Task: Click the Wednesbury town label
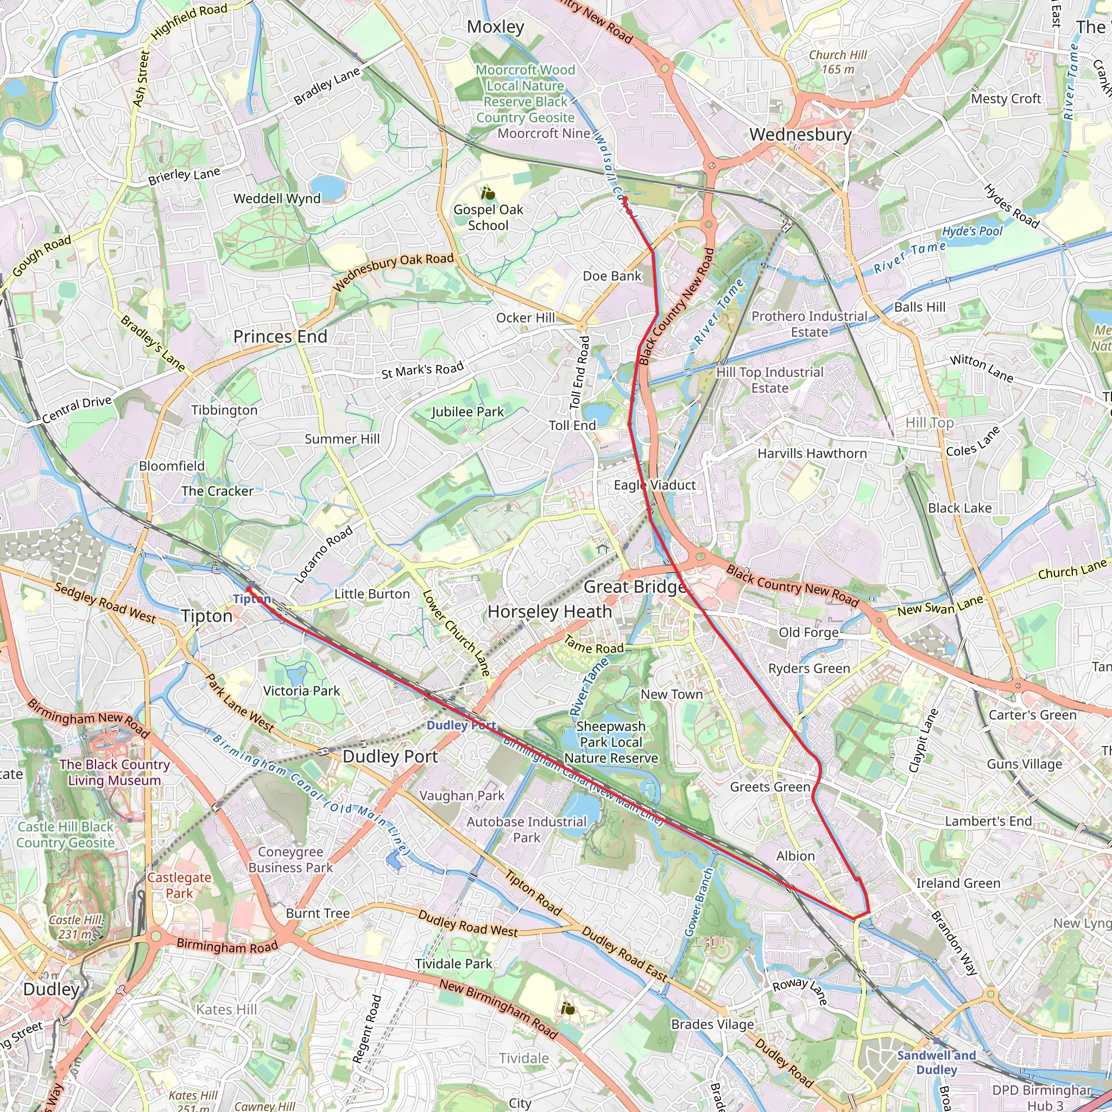tap(800, 135)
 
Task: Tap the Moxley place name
tap(496, 27)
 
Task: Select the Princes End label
tap(280, 337)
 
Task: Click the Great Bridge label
tap(635, 587)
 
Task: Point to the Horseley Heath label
tap(549, 612)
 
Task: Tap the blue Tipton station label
tap(251, 599)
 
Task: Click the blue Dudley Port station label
tap(461, 725)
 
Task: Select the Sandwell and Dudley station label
tap(937, 1063)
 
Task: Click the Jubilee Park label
tap(467, 412)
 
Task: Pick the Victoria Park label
tap(301, 691)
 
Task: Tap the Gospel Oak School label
tap(488, 218)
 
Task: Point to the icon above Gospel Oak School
tap(488, 194)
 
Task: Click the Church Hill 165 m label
tap(838, 61)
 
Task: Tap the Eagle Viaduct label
tap(655, 485)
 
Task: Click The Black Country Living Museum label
tap(114, 773)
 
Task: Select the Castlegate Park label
tap(179, 885)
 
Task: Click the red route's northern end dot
tap(624, 199)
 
